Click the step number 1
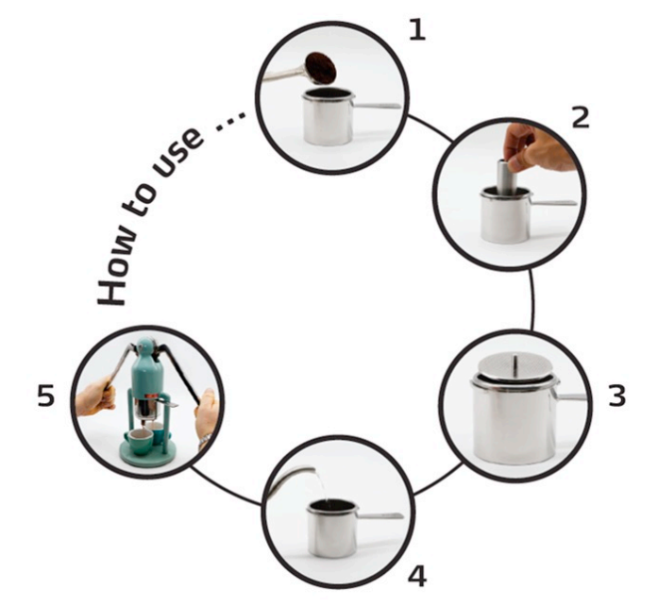[417, 30]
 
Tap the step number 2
[582, 117]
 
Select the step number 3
[617, 396]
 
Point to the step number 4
[417, 577]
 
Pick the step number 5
[45, 396]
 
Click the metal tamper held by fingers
[503, 177]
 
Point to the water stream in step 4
[320, 486]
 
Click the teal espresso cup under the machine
[137, 442]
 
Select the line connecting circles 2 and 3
[532, 299]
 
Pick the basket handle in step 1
[377, 106]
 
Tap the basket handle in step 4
[380, 516]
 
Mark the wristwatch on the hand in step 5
[204, 441]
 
